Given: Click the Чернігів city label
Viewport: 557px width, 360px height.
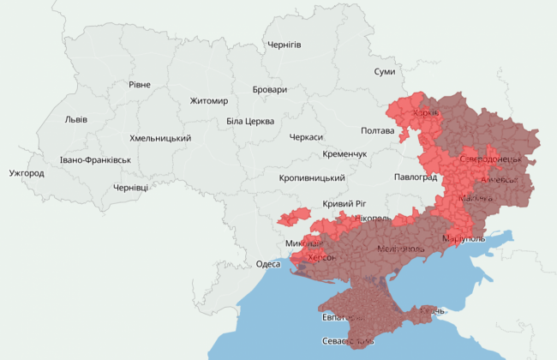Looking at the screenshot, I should coord(284,45).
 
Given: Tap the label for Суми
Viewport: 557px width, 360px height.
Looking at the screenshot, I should coord(385,72).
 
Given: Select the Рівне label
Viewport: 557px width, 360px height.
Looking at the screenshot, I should coord(140,84).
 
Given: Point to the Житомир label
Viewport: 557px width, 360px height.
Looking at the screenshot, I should coord(209,101).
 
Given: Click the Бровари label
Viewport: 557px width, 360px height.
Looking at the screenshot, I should coord(270,90).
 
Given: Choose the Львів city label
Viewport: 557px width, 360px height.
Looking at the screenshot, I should coord(75,119).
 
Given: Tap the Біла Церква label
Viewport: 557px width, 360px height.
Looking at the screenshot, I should coord(250,121).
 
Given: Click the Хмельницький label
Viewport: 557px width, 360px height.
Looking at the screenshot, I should coord(160,138).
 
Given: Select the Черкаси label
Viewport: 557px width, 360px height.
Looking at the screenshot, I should coord(306,137).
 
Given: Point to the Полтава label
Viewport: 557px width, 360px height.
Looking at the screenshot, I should coord(378,131).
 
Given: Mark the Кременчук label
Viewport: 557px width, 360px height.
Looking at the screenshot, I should coord(344,154).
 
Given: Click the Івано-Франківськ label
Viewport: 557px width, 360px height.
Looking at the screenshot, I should coord(96,160).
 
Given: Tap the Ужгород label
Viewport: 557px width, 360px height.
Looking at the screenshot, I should coord(27,173).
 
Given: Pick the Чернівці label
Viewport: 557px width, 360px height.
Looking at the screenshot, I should coord(130,188).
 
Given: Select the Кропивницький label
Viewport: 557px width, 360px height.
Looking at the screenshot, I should coord(312,178).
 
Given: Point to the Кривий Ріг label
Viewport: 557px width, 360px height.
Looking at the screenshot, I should coord(344,203).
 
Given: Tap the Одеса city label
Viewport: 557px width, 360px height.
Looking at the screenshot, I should coord(268,264).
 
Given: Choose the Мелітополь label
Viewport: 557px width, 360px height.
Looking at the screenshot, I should coord(400,249).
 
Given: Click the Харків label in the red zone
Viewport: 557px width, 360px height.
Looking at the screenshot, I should coord(426,113).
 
